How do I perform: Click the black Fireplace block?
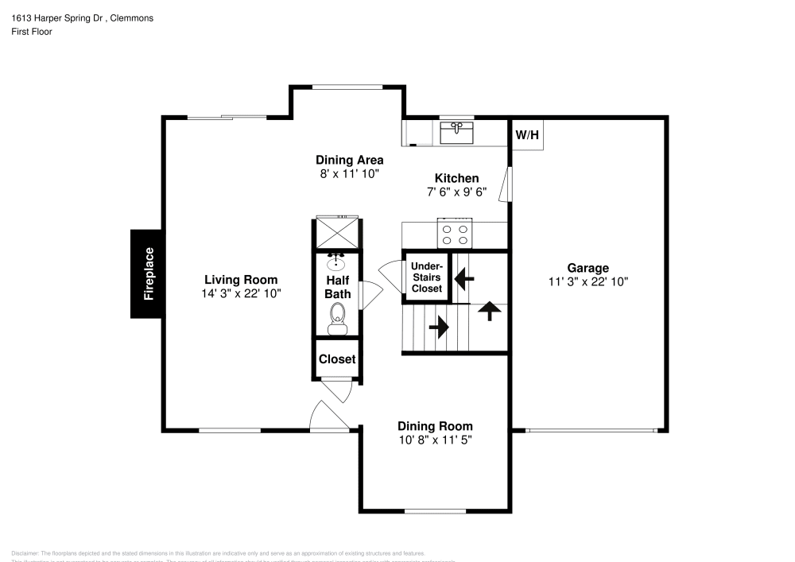coord(147,273)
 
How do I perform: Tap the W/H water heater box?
coord(527,135)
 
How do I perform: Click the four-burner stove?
coord(455,234)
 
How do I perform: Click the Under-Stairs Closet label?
coord(427,277)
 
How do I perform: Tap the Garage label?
coord(588,268)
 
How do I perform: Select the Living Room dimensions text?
coord(241,293)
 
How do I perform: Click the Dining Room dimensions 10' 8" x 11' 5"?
coord(435,440)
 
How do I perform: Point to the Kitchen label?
coord(456,178)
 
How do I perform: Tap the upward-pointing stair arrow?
coord(490,311)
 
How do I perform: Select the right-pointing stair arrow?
coord(438,326)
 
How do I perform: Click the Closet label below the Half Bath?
coord(337,359)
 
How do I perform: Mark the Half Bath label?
coord(338,287)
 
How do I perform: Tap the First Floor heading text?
coord(32,32)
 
